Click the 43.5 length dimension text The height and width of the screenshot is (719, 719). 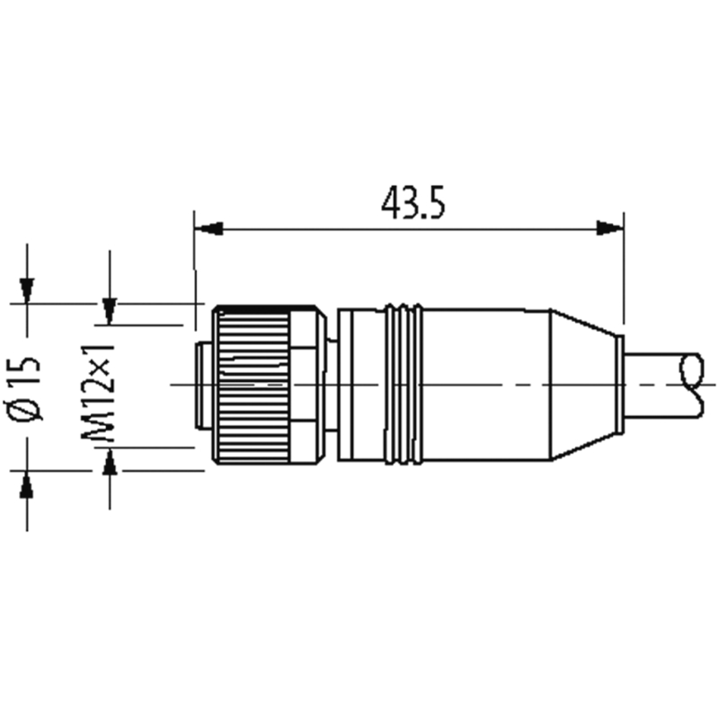(413, 203)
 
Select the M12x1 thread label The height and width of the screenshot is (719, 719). (98, 393)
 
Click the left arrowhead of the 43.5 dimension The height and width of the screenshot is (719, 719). (209, 228)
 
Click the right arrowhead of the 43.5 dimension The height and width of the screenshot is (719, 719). (609, 228)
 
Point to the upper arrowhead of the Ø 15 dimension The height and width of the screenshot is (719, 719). (27, 290)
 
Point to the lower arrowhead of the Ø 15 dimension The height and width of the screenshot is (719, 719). (27, 484)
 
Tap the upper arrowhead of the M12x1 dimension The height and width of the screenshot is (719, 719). (109, 311)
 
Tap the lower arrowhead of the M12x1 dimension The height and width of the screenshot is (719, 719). (109, 462)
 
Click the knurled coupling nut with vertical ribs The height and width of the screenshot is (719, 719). (252, 385)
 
